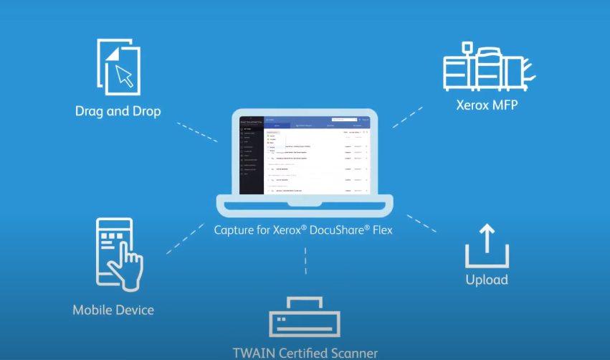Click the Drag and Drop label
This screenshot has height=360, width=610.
click(118, 111)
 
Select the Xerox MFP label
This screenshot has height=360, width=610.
click(487, 105)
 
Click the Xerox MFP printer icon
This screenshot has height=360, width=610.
click(488, 67)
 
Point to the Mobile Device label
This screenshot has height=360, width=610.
click(113, 310)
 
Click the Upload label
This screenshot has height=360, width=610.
click(487, 280)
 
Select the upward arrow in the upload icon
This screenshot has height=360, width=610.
click(487, 237)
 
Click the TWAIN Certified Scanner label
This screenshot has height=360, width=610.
click(305, 353)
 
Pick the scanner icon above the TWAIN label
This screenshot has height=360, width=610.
click(305, 318)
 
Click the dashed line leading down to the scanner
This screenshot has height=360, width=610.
click(306, 262)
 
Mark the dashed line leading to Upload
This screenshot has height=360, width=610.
click(421, 223)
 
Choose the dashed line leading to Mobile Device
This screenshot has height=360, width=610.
click(187, 239)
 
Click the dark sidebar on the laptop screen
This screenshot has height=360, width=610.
click(251, 154)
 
